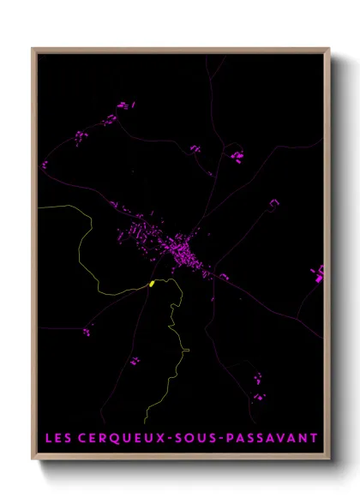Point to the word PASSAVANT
coord(272,439)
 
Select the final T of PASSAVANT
coord(314,439)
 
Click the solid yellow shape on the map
coord(152,284)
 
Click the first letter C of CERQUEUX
coord(81,439)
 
